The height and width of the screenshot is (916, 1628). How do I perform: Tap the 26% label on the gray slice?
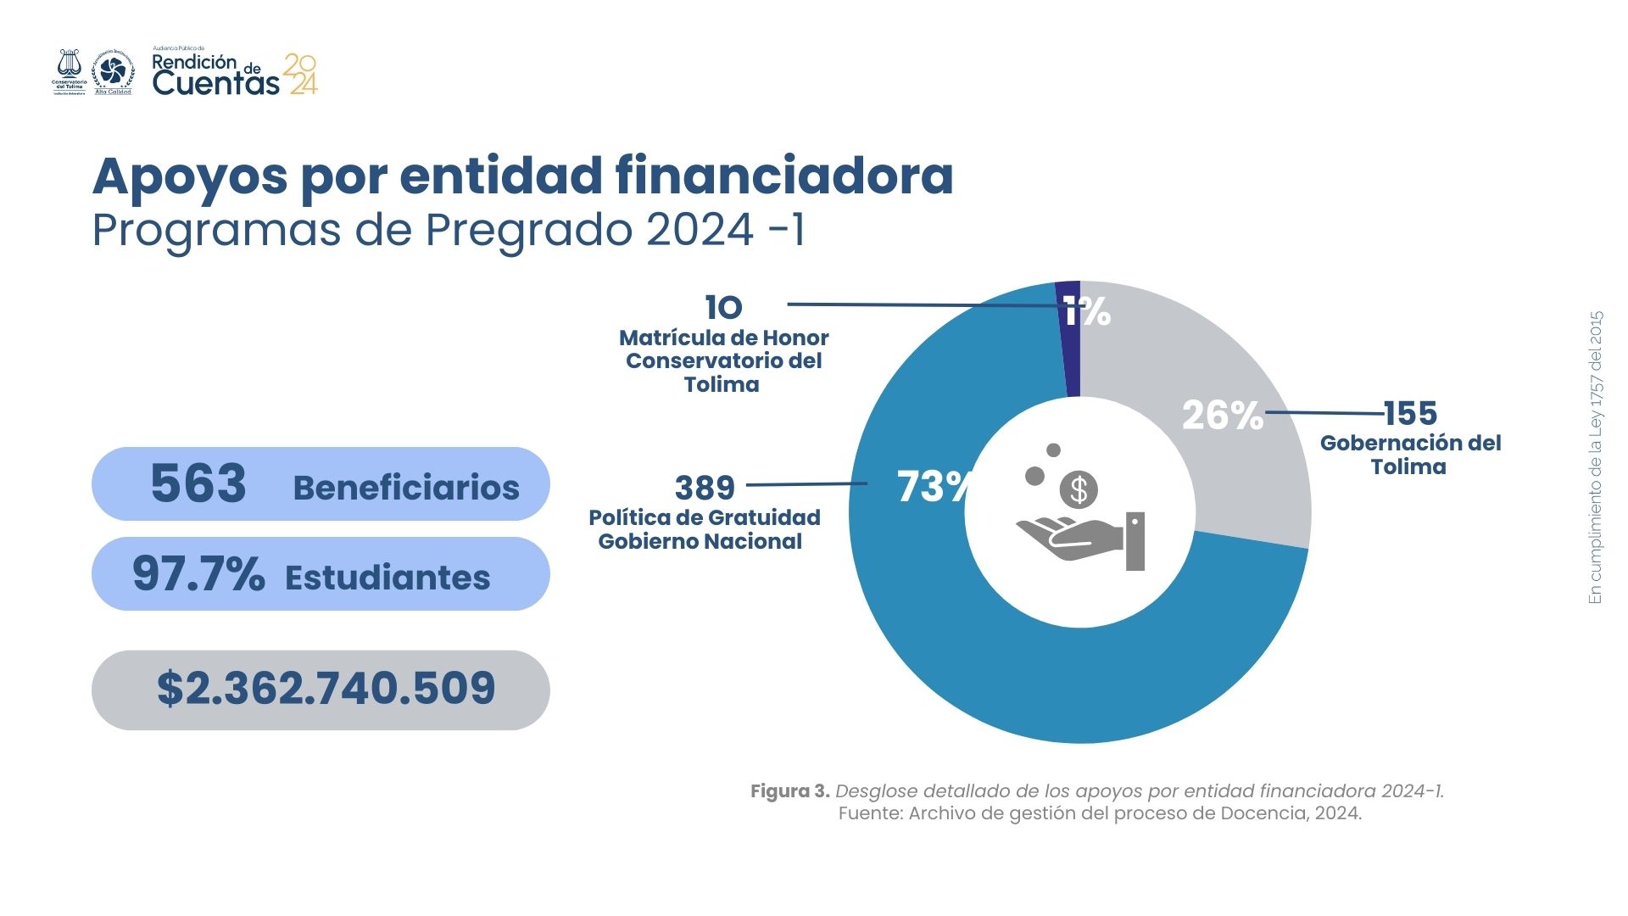[1222, 416]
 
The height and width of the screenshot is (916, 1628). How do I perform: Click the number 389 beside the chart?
[705, 488]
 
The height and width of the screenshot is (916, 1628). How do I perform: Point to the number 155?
[1411, 414]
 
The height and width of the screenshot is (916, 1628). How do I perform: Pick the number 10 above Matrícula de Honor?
[723, 308]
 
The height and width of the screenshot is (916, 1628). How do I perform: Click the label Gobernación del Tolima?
[1410, 455]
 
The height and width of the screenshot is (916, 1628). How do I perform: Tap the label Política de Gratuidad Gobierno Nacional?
[704, 529]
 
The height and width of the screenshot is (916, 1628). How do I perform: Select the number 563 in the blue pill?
[198, 483]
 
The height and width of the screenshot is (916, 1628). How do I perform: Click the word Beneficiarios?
[406, 488]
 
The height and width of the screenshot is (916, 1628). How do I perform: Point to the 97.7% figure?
[198, 574]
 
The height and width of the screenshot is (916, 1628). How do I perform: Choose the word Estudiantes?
[387, 578]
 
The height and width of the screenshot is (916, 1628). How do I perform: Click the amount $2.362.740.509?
[326, 688]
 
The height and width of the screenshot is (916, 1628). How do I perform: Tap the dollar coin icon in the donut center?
[1079, 489]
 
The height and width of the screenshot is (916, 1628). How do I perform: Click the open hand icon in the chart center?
[1070, 539]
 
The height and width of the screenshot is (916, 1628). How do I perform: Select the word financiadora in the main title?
[784, 176]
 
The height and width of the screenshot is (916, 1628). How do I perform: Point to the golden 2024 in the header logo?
[301, 74]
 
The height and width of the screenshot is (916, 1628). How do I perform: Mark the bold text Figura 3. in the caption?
[789, 791]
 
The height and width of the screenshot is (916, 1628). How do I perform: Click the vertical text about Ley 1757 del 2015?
[1596, 458]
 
